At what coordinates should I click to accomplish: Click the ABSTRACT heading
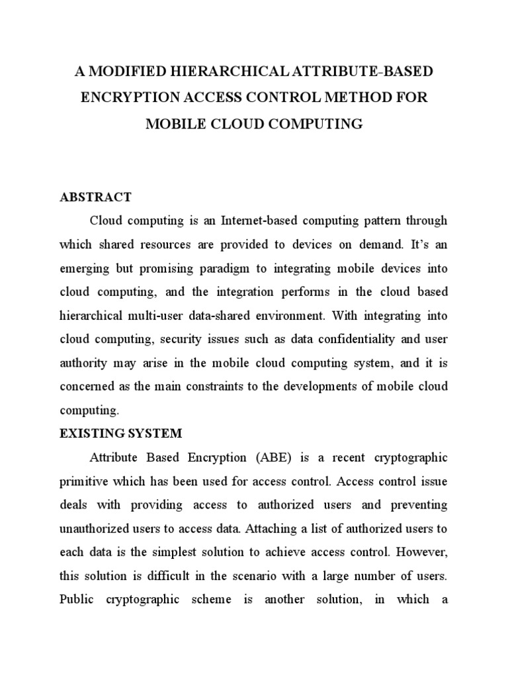click(x=96, y=197)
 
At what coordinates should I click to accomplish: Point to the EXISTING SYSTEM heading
click(x=121, y=434)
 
